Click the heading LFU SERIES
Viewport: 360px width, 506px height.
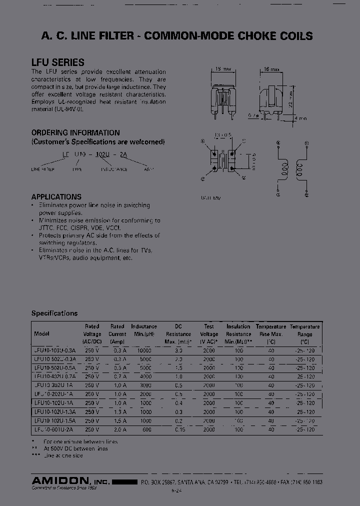57,62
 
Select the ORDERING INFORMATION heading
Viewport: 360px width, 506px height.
75,133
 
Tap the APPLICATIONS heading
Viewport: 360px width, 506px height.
56,197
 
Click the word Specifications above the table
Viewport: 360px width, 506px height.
54,313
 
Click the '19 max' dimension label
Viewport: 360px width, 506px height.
222,70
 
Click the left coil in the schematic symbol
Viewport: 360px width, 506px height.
283,168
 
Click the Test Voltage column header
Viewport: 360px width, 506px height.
209,330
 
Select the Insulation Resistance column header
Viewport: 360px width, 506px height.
238,330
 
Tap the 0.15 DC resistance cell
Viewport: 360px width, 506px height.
178,429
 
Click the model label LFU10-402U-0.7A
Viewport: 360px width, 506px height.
55,376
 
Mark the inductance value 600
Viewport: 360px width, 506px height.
146,429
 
